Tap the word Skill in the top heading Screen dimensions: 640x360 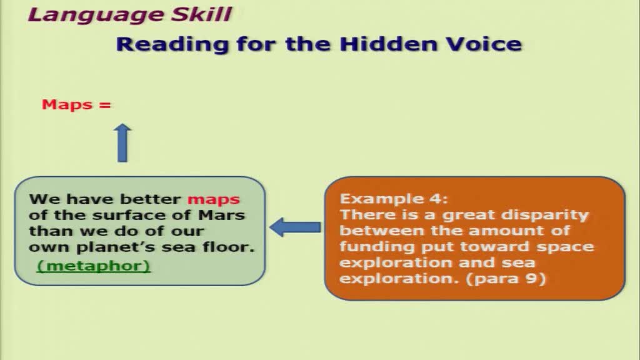[x=201, y=14]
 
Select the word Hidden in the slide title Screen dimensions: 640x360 [x=388, y=44]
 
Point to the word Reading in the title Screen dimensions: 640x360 [x=171, y=44]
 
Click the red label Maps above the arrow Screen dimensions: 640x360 [x=67, y=105]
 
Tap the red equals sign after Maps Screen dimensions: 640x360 [x=105, y=105]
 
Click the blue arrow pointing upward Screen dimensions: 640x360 [x=122, y=143]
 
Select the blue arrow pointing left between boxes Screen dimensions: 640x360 [x=295, y=227]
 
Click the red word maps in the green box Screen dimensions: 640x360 [x=214, y=199]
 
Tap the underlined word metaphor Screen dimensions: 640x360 [x=94, y=266]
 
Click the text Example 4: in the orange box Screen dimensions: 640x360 [x=394, y=199]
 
